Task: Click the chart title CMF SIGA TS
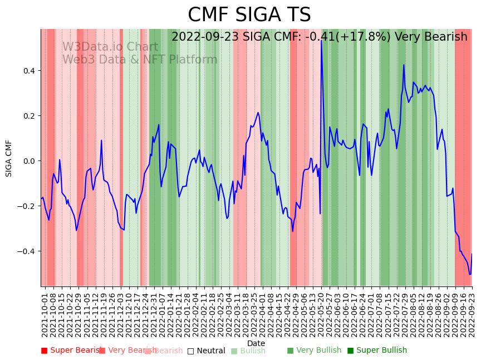249,15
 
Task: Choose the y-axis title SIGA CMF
9,158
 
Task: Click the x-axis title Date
256,343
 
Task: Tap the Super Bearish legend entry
72,351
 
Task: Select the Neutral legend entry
207,351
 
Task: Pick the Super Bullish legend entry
377,351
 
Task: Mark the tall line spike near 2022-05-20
321,40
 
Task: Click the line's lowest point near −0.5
470,274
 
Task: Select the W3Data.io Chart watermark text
110,47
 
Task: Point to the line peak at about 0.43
404,65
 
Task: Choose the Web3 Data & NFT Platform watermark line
140,60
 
